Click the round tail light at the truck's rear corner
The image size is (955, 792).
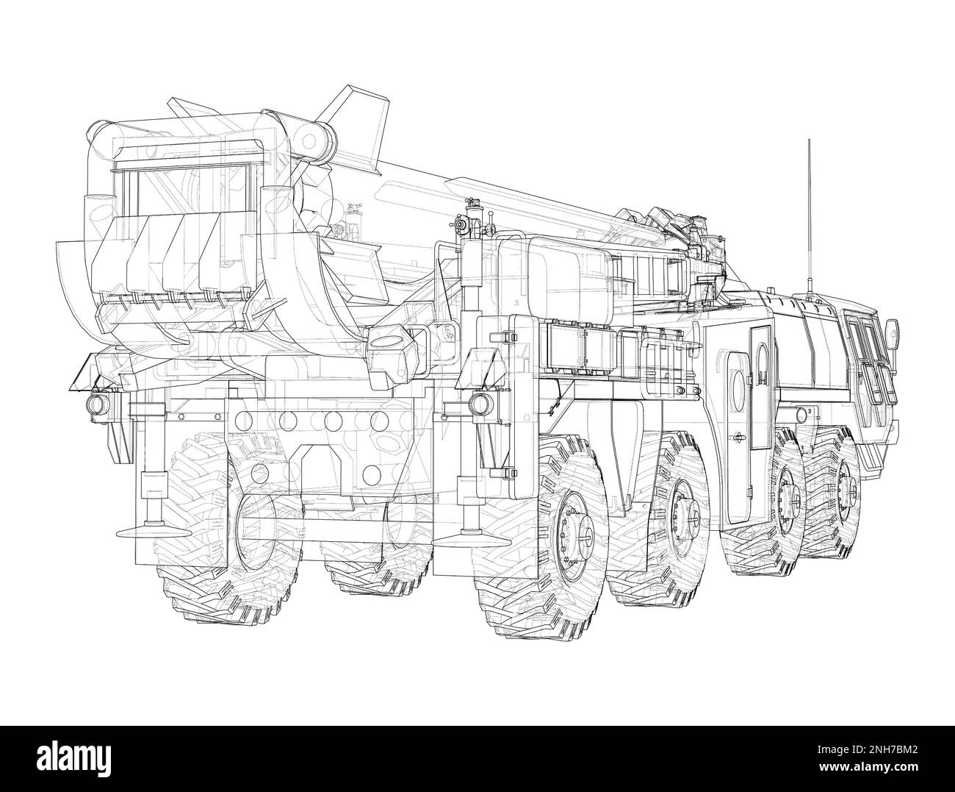click(96, 403)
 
